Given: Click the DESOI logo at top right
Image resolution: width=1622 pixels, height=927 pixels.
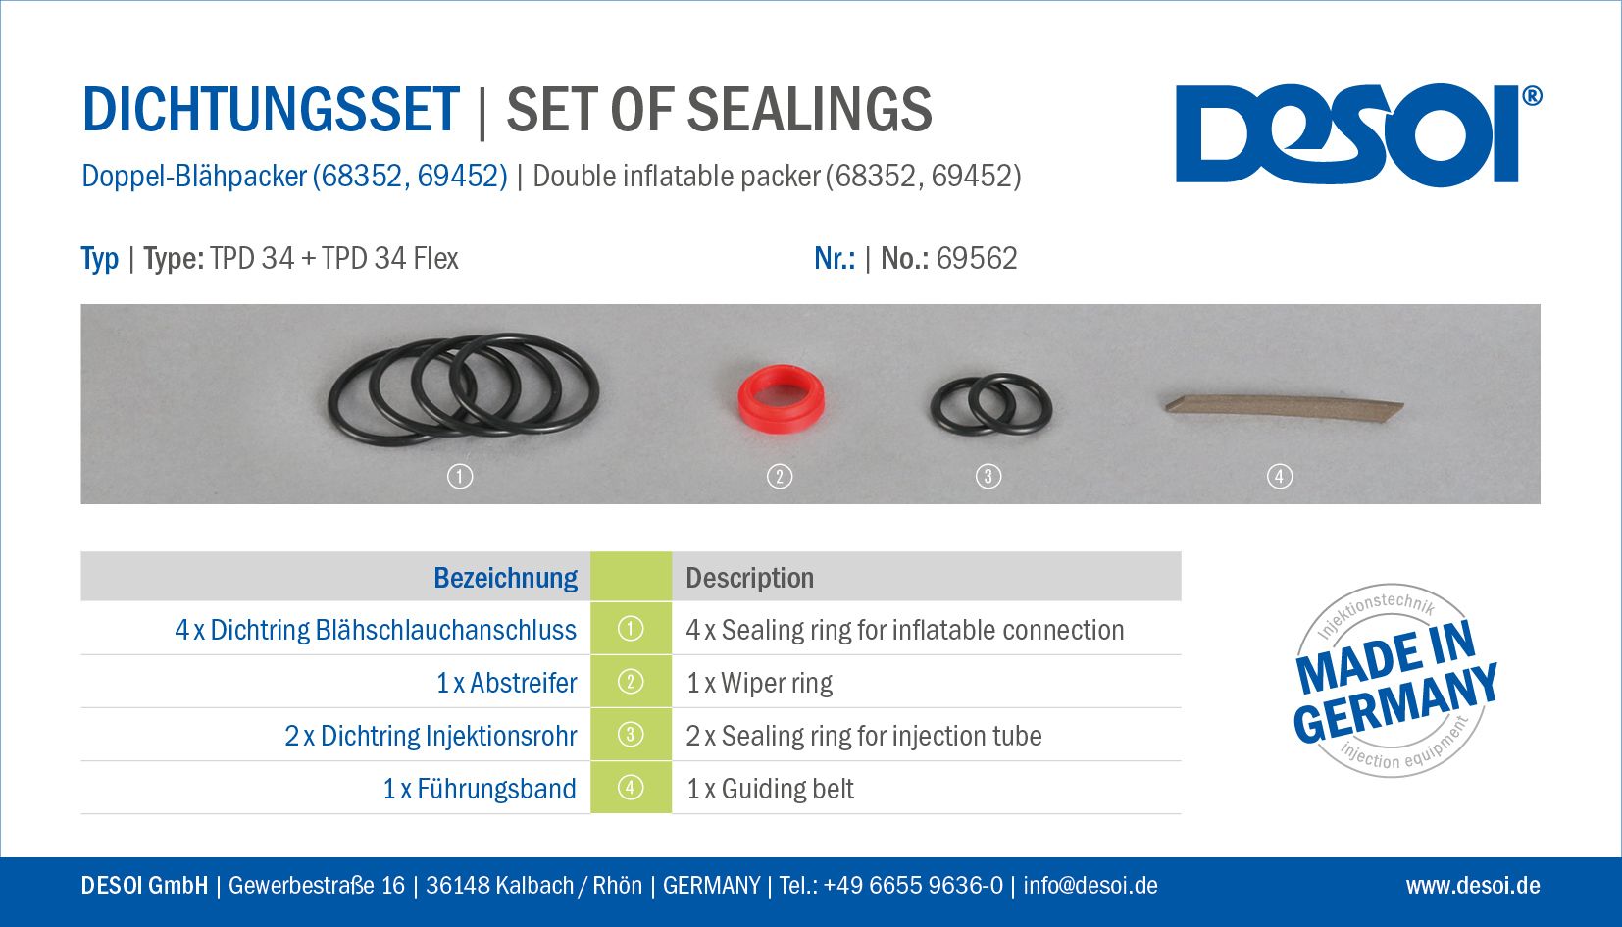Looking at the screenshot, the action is (1358, 134).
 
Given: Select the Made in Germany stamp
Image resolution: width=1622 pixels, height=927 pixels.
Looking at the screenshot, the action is (1394, 681).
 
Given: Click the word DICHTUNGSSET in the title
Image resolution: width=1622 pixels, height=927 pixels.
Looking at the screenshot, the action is (271, 110).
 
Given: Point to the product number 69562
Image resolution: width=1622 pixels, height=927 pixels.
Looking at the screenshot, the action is (976, 259).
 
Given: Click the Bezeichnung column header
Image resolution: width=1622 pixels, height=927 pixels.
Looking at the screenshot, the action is (505, 578).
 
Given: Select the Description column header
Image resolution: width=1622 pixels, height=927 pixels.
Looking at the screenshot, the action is (749, 578).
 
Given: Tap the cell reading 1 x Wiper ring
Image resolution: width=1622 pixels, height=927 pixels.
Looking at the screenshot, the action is (759, 683).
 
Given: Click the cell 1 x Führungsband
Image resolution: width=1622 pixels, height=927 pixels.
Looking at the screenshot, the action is (480, 789).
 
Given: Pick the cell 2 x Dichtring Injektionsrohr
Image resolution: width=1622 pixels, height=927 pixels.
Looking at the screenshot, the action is (431, 736).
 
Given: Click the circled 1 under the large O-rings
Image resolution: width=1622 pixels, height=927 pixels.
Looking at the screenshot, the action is (460, 477).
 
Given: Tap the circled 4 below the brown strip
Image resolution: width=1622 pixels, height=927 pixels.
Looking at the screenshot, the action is (1280, 477).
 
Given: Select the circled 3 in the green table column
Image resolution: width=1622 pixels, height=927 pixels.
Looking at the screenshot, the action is (630, 735).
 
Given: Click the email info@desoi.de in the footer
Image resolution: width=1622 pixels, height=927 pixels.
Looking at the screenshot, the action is (1090, 885).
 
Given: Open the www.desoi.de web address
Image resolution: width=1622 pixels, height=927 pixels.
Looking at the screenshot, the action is (1473, 885).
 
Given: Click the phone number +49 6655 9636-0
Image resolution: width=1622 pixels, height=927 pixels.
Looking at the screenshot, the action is (913, 885).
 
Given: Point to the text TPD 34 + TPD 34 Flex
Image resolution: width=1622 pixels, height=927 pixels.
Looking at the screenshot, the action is (333, 259).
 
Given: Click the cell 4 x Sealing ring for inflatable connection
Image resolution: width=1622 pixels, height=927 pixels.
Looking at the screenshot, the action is (905, 630).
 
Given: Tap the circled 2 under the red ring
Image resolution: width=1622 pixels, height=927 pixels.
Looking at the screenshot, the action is (780, 477).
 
